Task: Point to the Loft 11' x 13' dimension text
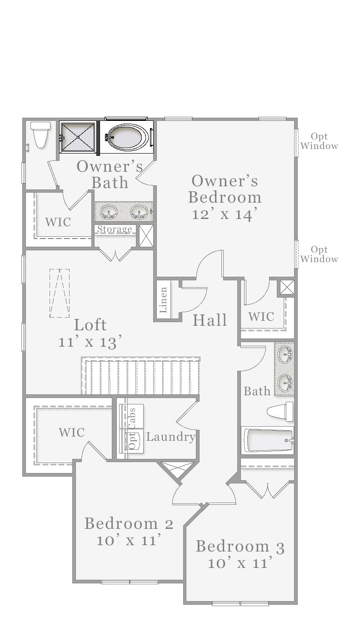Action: tap(90, 341)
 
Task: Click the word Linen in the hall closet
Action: tap(163, 300)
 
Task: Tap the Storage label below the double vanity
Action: tap(115, 229)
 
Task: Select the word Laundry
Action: tap(171, 437)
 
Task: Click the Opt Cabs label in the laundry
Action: tap(132, 428)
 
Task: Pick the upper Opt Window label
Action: tap(319, 141)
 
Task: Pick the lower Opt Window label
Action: tap(319, 254)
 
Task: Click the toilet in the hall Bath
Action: tap(280, 412)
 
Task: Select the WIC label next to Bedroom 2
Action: tap(72, 432)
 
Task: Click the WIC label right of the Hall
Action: tap(261, 316)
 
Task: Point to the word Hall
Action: tap(210, 320)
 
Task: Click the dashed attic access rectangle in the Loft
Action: tap(60, 293)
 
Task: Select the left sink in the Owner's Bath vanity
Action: tap(109, 212)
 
